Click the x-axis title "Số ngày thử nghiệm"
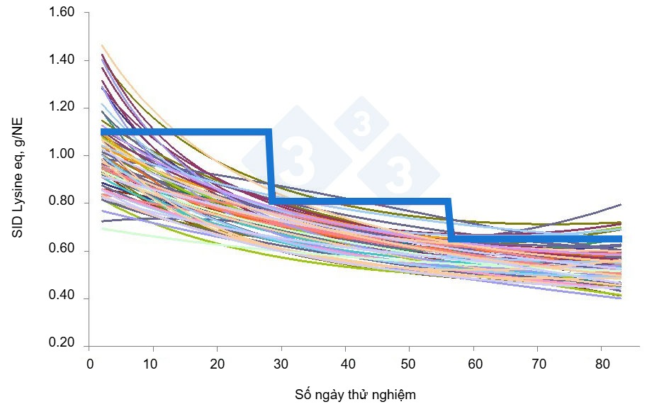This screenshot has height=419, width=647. click(x=355, y=395)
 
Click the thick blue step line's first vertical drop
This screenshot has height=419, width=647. click(x=270, y=167)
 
